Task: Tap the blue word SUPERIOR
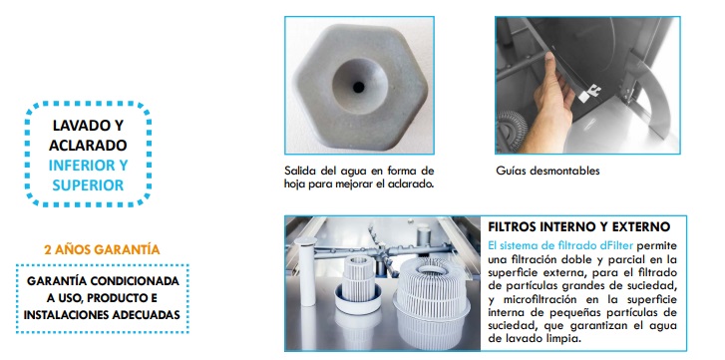[88, 185]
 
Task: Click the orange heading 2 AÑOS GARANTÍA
[102, 250]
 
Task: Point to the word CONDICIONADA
[135, 281]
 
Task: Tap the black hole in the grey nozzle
[358, 87]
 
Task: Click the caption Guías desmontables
[547, 171]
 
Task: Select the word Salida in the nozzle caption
[299, 171]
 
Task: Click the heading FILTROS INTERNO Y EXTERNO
[578, 227]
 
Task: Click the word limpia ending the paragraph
[565, 338]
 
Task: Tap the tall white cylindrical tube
[308, 271]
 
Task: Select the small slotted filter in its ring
[358, 282]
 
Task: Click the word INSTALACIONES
[67, 315]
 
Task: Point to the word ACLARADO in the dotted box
[88, 146]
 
